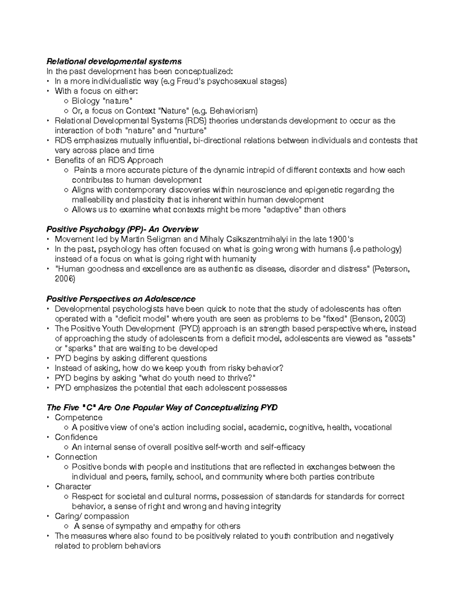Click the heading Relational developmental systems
tap(114, 61)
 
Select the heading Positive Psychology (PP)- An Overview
tap(122, 229)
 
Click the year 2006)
tap(65, 279)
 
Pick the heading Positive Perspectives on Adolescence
tap(121, 299)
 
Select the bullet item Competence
tap(79, 417)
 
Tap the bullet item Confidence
tap(76, 437)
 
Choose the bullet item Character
tap(73, 486)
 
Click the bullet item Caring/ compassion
tap(92, 516)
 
